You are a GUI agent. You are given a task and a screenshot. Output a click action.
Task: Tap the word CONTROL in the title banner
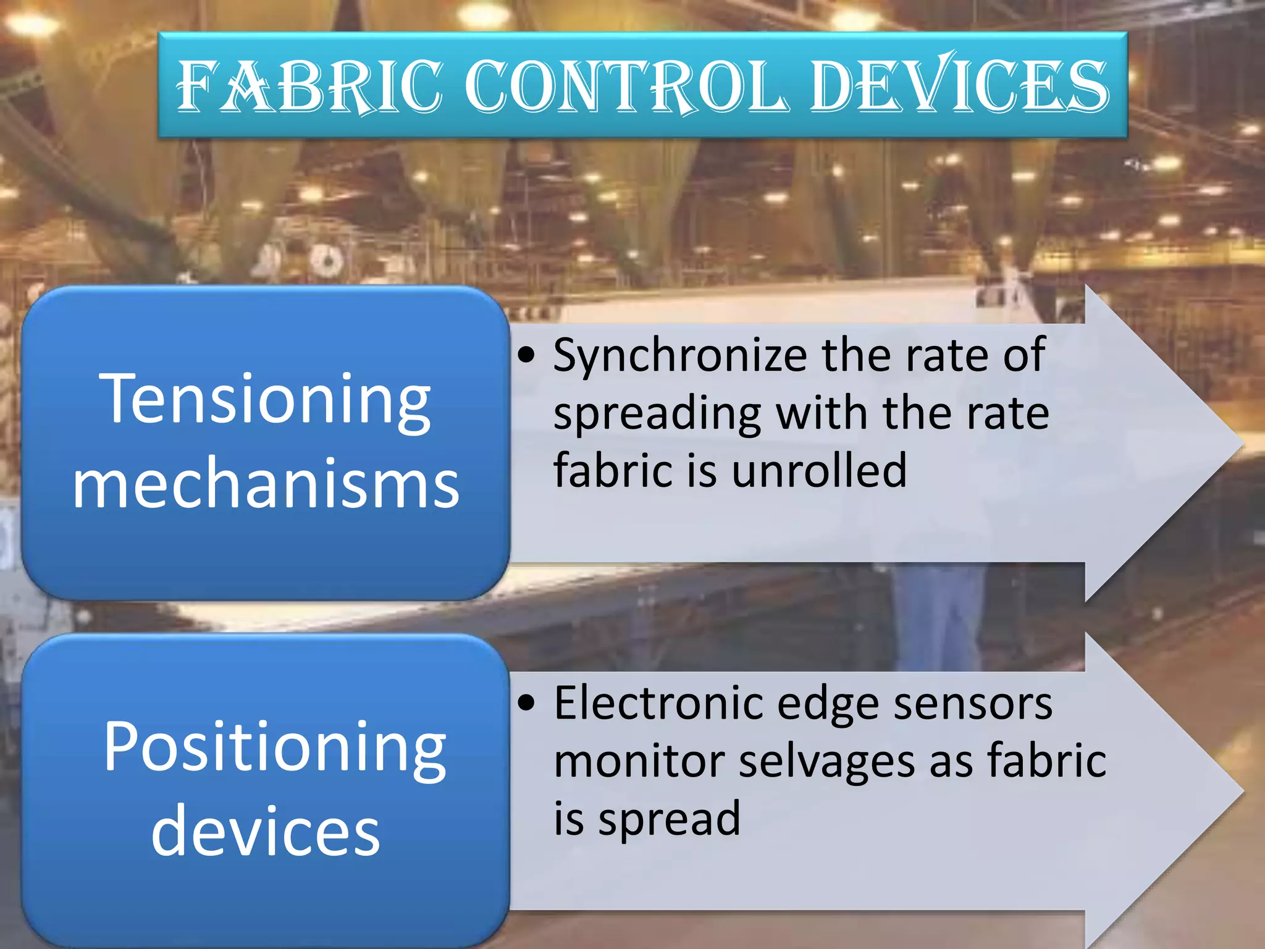(x=626, y=86)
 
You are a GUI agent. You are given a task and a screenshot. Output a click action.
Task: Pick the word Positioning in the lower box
(x=274, y=748)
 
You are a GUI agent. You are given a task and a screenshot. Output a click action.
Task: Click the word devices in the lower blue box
(x=266, y=831)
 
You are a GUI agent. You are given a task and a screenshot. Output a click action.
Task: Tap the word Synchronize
(x=680, y=357)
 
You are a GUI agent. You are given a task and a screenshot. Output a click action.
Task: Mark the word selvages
(x=827, y=761)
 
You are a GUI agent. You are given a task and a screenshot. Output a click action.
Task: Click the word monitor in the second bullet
(x=639, y=761)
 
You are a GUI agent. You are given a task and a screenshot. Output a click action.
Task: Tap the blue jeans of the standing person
(x=939, y=618)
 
